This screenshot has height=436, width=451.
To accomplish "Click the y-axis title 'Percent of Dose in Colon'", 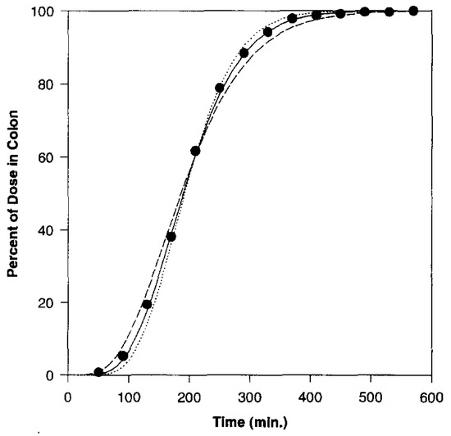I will tap(14, 194).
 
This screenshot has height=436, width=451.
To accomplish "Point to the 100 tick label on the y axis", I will tap(47, 12).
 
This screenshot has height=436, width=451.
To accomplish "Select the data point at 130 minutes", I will tap(147, 304).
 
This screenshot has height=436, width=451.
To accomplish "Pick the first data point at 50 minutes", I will tap(98, 372).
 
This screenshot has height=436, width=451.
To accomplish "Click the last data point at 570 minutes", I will tap(413, 11).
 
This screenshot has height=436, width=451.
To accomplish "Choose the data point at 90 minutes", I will tap(123, 356).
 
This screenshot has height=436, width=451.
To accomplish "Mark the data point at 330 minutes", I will tap(267, 32).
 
